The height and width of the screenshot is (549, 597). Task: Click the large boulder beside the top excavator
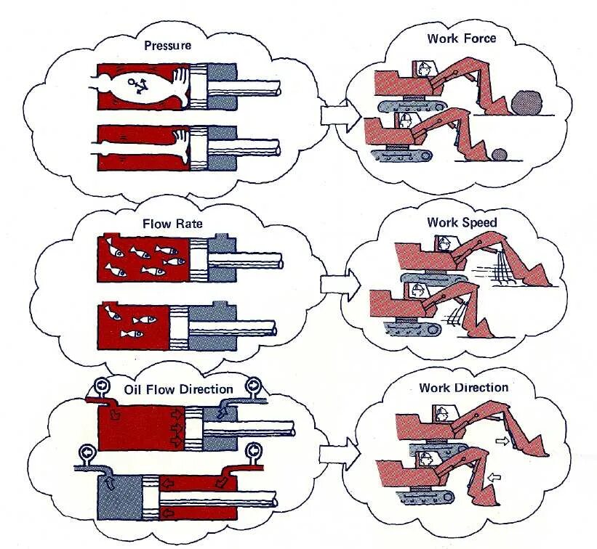click(x=527, y=102)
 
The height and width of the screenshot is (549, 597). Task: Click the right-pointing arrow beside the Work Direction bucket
click(x=500, y=441)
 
